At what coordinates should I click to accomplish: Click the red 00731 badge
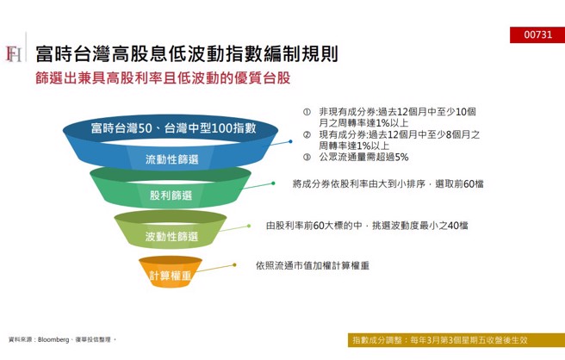click(x=543, y=34)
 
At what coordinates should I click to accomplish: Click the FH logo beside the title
click(x=14, y=54)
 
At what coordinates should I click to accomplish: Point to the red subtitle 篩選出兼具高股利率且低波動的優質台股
click(x=164, y=78)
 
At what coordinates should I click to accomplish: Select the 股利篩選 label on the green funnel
click(x=171, y=196)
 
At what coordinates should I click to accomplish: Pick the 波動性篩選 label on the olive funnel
click(x=171, y=236)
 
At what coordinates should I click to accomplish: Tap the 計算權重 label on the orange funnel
click(x=171, y=275)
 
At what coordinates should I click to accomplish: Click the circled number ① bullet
click(x=306, y=112)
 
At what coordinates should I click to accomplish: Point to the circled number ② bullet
click(x=306, y=134)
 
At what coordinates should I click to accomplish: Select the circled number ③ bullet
click(x=306, y=157)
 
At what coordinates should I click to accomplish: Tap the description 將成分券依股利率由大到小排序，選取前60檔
click(x=388, y=183)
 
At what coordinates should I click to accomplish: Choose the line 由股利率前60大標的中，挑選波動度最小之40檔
click(x=367, y=226)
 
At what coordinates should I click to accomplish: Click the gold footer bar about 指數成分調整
click(x=456, y=339)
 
